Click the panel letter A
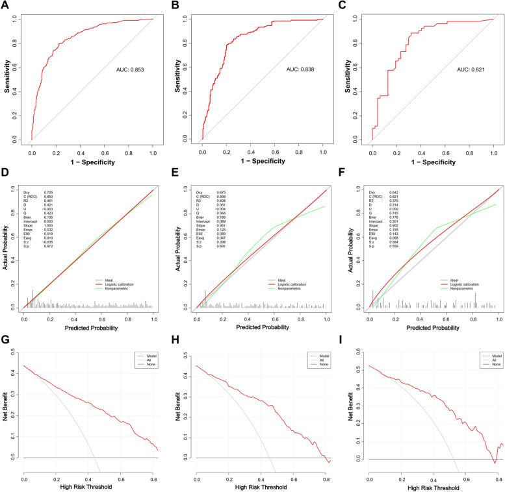(x=6, y=5)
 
